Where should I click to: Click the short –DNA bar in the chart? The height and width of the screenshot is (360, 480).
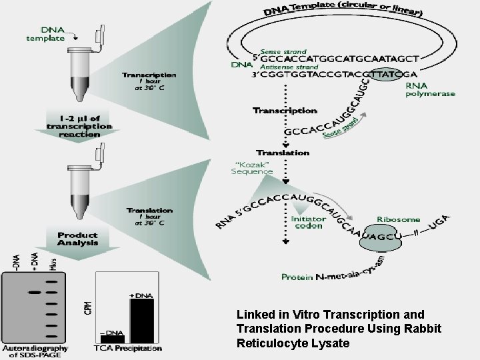(x=112, y=338)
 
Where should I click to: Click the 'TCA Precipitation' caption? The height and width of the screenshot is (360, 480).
(x=129, y=348)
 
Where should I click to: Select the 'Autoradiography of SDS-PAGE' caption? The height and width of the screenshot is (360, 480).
(x=35, y=351)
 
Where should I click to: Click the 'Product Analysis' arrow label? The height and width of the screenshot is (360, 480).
(x=77, y=239)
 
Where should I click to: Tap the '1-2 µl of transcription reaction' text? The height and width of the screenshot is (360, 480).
(x=79, y=126)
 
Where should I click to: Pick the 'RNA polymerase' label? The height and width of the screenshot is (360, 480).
(x=430, y=89)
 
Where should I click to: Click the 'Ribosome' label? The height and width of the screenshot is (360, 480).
(x=398, y=219)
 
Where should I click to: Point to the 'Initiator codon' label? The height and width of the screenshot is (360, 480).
(x=308, y=222)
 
